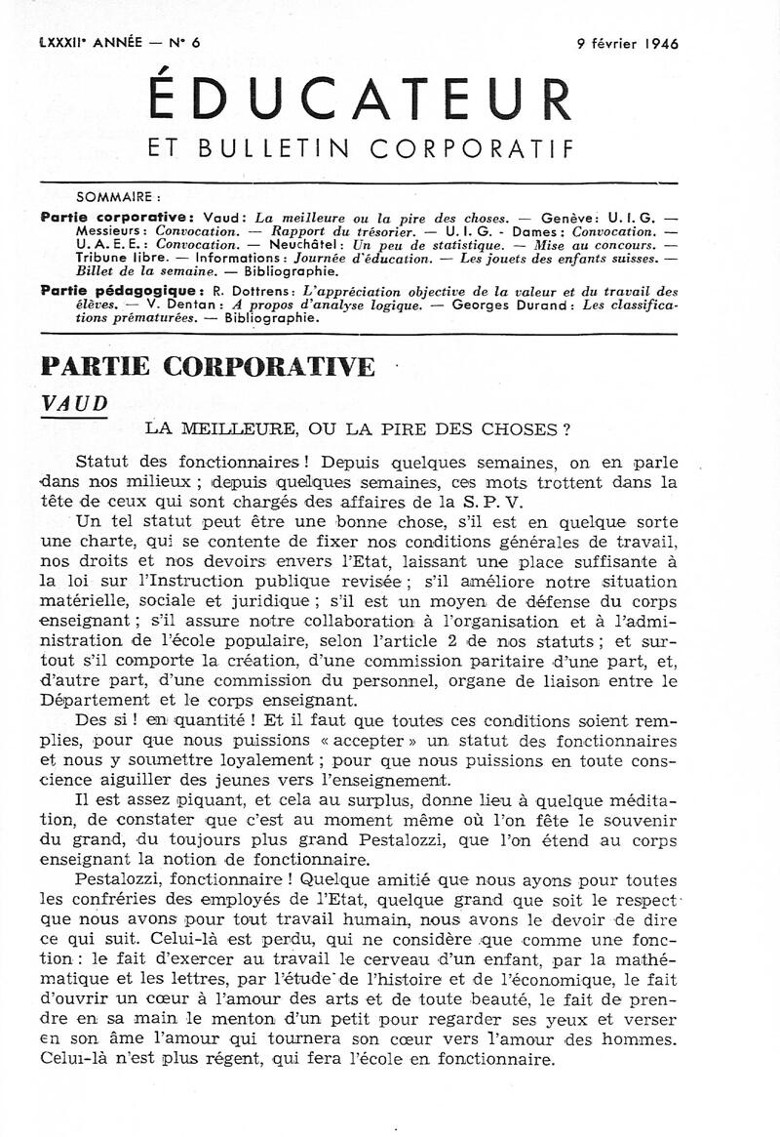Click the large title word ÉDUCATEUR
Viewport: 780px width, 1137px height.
[x=358, y=102]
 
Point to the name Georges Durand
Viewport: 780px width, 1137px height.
[x=494, y=305]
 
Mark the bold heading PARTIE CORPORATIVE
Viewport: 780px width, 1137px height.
[x=208, y=367]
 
